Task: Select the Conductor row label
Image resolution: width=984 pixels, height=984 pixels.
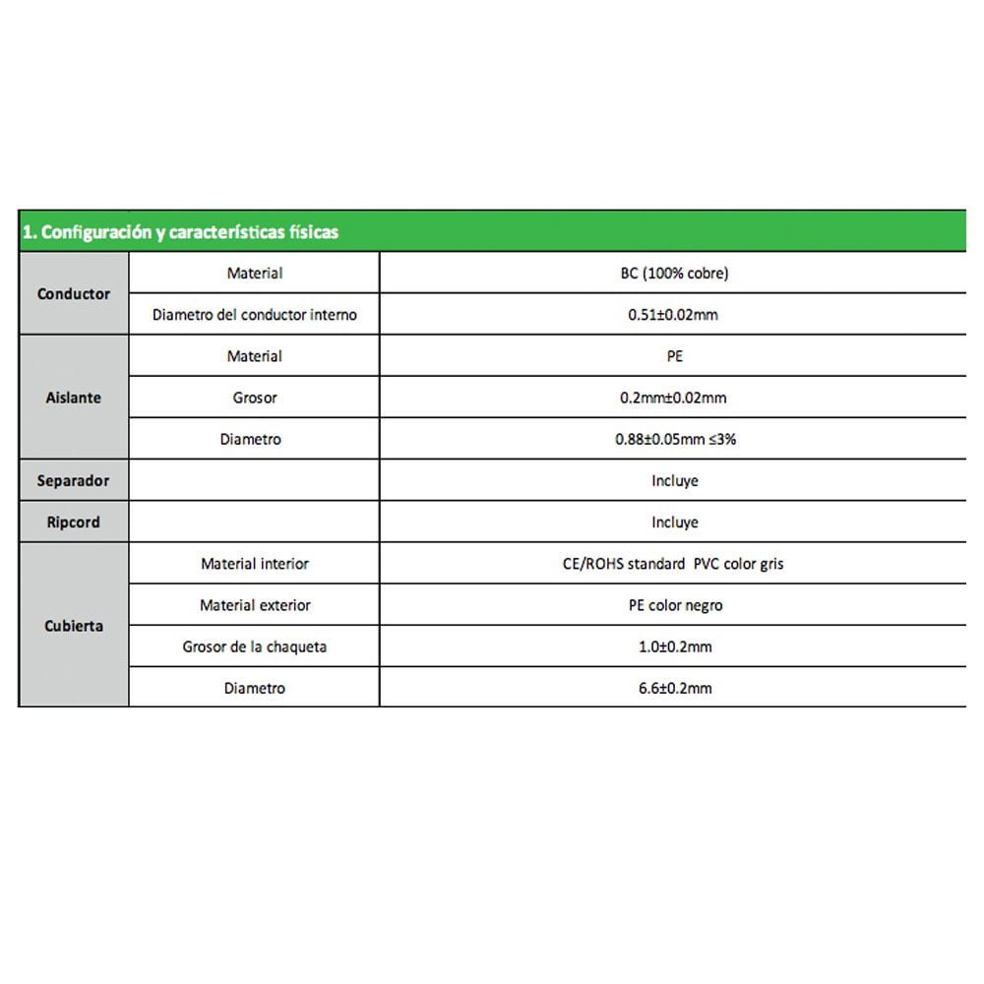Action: coord(74,293)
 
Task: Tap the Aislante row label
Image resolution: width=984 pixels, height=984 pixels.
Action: coord(74,398)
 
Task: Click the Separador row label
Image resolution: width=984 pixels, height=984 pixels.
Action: coord(74,481)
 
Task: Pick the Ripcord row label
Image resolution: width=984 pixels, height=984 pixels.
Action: coord(74,523)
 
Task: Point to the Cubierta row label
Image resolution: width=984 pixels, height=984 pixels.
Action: coord(74,626)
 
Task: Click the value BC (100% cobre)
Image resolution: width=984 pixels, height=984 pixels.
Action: coord(674,274)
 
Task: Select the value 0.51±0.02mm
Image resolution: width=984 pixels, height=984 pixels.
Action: coord(674,315)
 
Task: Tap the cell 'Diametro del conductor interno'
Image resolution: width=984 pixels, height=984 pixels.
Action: coord(254,315)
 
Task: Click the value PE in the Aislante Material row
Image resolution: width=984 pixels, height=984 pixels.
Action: coord(674,356)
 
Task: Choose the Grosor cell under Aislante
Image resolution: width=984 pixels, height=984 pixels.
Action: coord(254,398)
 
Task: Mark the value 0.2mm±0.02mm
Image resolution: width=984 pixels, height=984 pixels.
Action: coord(674,398)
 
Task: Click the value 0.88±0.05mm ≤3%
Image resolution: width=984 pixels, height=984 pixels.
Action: coord(674,440)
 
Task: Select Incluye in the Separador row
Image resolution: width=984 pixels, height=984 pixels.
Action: coord(674,481)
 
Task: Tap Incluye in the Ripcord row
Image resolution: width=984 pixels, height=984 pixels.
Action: coord(674,523)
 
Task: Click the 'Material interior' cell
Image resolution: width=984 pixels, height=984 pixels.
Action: coord(254,564)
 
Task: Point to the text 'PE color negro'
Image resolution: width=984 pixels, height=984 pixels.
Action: coord(674,605)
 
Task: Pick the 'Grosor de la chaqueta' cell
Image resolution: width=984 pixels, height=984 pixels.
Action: coord(254,646)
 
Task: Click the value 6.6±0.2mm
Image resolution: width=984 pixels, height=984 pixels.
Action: coord(674,689)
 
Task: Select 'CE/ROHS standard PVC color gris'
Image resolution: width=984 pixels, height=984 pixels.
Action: coord(674,564)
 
